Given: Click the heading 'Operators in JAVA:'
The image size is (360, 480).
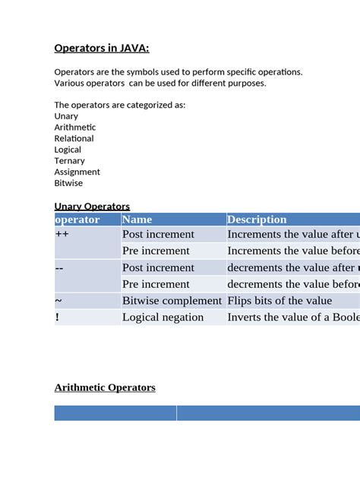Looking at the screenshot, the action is (102, 49).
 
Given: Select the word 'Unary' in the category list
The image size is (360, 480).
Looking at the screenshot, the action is (66, 116).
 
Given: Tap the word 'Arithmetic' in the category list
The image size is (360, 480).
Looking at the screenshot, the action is (75, 128).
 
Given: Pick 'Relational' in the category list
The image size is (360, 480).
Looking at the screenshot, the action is (74, 138).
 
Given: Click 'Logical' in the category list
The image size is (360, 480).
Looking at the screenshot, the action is (68, 150).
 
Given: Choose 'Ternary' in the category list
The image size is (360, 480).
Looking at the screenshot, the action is (70, 161).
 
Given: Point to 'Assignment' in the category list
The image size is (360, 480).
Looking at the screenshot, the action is (77, 172).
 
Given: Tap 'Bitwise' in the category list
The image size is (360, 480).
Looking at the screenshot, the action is (69, 183).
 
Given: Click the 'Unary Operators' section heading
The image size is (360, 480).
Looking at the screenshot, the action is (92, 206).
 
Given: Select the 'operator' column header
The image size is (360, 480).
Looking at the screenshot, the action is (77, 219).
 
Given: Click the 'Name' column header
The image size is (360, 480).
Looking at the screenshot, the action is (137, 219).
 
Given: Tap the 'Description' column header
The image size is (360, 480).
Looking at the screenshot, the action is (257, 219).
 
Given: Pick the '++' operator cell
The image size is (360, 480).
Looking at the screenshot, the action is (62, 235).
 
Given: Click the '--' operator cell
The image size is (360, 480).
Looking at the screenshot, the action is (59, 267).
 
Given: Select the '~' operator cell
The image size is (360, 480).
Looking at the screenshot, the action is (58, 301).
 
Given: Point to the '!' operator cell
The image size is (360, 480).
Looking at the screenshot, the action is (57, 317).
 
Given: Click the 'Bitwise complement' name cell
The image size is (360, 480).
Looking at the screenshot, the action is (172, 301).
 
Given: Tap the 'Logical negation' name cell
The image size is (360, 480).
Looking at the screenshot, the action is (163, 317).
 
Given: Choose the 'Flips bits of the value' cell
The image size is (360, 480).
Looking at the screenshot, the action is (279, 301).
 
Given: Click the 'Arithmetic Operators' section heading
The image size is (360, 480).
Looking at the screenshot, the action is (105, 387).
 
